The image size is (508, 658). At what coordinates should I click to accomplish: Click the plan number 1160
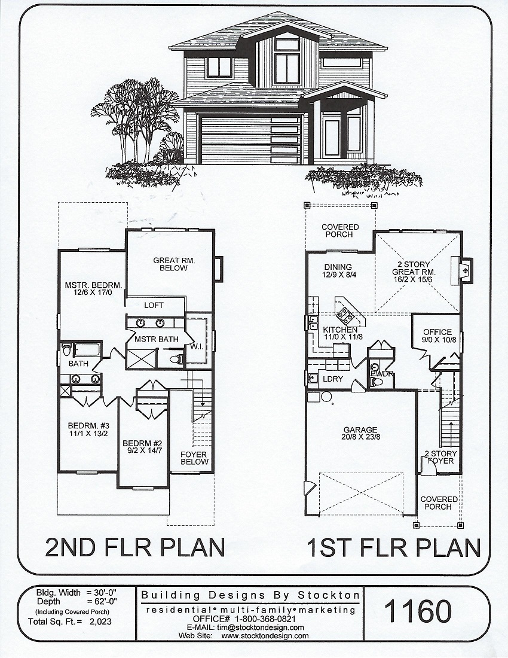point(418,611)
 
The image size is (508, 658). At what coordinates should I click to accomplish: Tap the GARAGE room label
point(360,429)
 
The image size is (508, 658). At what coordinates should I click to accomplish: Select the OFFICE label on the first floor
point(437,332)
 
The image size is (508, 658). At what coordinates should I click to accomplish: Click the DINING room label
point(338,267)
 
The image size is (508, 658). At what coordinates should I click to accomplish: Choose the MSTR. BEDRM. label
point(93,285)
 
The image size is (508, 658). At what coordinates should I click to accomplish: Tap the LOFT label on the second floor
point(154,306)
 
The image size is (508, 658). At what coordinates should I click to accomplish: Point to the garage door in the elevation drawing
point(250,139)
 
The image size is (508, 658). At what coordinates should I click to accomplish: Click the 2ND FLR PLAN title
point(134,548)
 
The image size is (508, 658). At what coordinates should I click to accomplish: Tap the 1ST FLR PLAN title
point(394,548)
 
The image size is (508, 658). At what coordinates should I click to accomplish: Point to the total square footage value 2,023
point(100,622)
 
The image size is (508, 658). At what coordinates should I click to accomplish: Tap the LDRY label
point(333,379)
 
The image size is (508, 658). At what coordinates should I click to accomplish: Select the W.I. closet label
point(197,346)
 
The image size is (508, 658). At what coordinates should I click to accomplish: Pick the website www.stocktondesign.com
point(265,636)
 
